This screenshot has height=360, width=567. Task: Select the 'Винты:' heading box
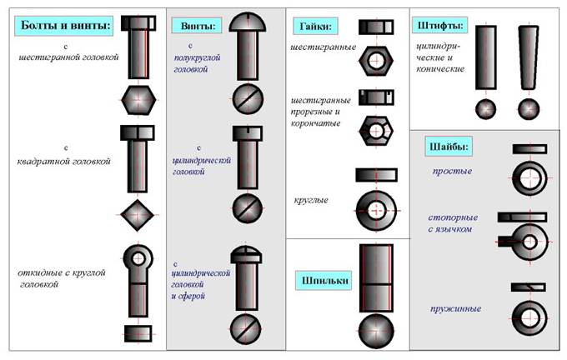click(197, 27)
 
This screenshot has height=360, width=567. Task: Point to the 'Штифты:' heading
click(439, 26)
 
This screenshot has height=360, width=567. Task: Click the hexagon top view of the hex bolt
click(136, 101)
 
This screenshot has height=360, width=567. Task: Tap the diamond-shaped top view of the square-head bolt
click(136, 214)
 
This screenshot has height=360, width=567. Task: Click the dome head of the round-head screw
click(247, 22)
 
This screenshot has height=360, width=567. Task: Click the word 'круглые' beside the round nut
click(311, 201)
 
